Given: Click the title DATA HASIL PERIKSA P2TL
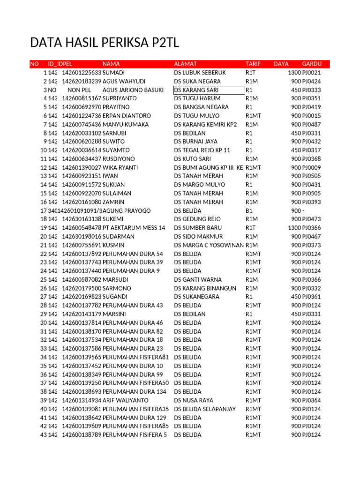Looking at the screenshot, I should click(105, 43).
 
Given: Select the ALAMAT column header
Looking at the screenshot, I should click(186, 64).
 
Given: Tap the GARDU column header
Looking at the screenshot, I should click(312, 64).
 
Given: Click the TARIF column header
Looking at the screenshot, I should click(253, 64).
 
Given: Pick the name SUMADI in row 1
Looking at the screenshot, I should click(114, 73).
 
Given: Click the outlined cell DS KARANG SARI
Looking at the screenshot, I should click(209, 90).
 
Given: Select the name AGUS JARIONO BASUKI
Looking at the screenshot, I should click(133, 90).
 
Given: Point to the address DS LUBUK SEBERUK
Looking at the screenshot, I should click(200, 73).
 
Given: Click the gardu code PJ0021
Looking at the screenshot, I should click(312, 73).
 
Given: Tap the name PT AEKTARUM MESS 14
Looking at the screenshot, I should click(134, 228).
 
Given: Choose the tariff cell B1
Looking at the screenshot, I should click(249, 210).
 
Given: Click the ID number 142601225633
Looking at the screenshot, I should click(82, 73).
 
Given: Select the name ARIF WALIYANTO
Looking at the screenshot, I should click(126, 400).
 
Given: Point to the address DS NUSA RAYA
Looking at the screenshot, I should click(194, 400).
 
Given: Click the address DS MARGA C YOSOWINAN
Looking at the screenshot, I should click(209, 245).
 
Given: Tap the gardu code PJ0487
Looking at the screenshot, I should click(312, 124).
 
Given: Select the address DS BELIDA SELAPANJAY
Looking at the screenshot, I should click(205, 409).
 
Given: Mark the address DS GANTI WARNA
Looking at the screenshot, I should click(198, 279).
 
